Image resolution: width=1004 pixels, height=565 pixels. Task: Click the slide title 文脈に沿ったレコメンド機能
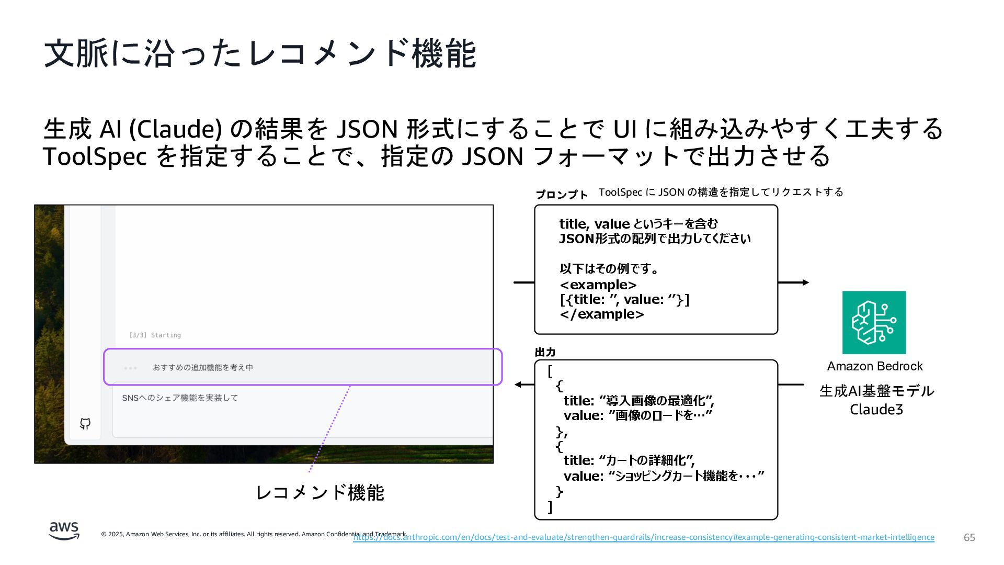(x=260, y=53)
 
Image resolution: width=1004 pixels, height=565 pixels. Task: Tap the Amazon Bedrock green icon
(x=874, y=322)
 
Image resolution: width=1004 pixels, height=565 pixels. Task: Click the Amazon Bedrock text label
(x=874, y=366)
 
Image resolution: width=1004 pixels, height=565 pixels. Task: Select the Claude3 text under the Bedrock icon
(x=876, y=409)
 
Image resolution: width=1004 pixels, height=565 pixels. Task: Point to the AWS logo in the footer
(x=64, y=531)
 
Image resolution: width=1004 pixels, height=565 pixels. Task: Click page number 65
(x=969, y=538)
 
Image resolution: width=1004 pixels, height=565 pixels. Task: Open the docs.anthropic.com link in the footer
(x=643, y=537)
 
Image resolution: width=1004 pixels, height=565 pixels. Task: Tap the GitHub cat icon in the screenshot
(x=85, y=424)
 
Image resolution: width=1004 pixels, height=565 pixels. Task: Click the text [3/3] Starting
(x=155, y=335)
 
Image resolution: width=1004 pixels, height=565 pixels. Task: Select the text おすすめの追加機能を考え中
(x=203, y=367)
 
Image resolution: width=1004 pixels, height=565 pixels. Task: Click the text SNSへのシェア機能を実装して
(x=180, y=398)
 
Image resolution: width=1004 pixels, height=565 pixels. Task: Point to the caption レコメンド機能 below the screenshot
(x=320, y=492)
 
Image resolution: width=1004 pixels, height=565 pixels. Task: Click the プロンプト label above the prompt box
(x=562, y=195)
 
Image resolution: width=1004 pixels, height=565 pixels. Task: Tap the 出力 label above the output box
(x=545, y=352)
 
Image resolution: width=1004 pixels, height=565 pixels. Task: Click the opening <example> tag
(x=598, y=285)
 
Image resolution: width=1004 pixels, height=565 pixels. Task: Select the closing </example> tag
(x=601, y=314)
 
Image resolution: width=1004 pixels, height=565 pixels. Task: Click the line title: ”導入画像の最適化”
(x=638, y=401)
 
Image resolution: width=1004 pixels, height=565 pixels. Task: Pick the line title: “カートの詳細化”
(x=629, y=460)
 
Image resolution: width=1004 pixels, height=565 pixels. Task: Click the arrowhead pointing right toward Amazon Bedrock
(x=806, y=282)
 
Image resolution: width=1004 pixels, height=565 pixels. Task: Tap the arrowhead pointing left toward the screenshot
(x=518, y=385)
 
